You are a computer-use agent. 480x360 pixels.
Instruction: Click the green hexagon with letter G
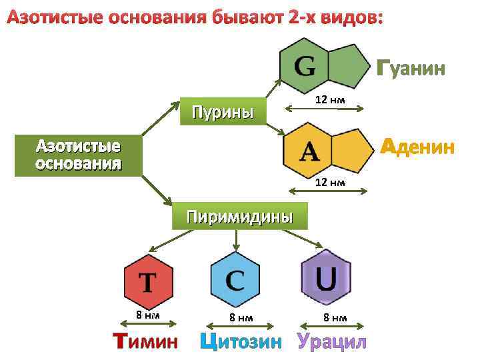[x=306, y=65]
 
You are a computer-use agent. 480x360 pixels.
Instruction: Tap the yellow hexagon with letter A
[x=309, y=151]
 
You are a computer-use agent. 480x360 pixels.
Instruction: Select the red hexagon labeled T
[x=148, y=281]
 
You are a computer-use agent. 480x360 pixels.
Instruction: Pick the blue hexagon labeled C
[x=235, y=279]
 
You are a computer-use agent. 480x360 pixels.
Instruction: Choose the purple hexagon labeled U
[x=325, y=278]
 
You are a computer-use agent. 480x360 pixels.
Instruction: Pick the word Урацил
[x=332, y=342]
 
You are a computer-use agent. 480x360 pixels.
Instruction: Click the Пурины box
[x=223, y=111]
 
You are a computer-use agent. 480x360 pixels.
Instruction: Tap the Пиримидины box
[x=239, y=216]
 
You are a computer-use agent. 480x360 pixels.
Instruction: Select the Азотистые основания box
[x=78, y=155]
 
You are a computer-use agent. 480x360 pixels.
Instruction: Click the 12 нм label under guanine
[x=330, y=100]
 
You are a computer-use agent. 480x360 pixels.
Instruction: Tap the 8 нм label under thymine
[x=147, y=315]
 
